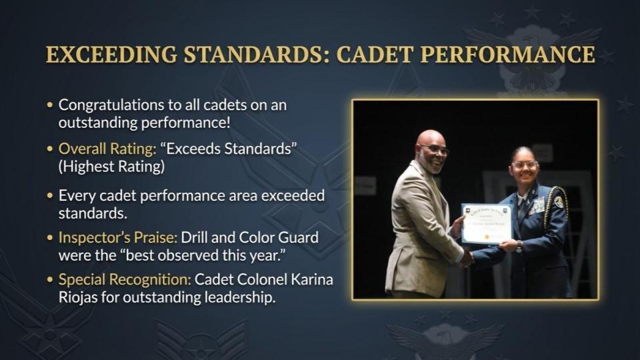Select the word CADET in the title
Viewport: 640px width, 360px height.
pyautogui.click(x=374, y=54)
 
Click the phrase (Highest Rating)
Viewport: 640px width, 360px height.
pyautogui.click(x=111, y=166)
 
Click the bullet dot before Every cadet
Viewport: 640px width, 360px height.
pyautogui.click(x=51, y=196)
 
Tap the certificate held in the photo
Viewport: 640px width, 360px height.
pyautogui.click(x=487, y=223)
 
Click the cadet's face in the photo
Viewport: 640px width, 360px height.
pyautogui.click(x=524, y=167)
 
